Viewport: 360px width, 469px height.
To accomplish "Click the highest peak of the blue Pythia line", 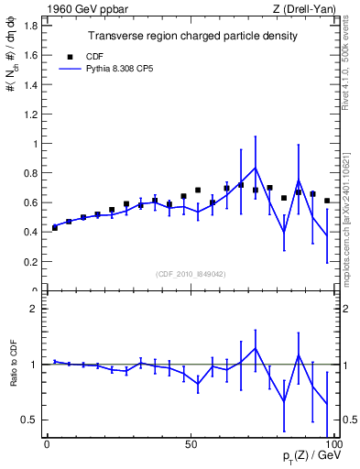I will [256, 168].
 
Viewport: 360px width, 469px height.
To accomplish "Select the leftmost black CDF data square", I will [55, 227].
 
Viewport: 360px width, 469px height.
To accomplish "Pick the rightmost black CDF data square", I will [327, 201].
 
